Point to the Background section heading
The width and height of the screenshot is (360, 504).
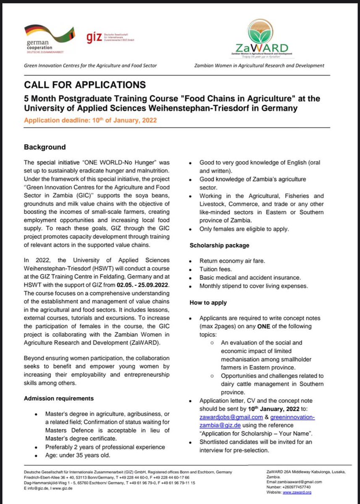[x=45, y=147]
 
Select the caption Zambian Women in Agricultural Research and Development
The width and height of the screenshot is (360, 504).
[x=259, y=66]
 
